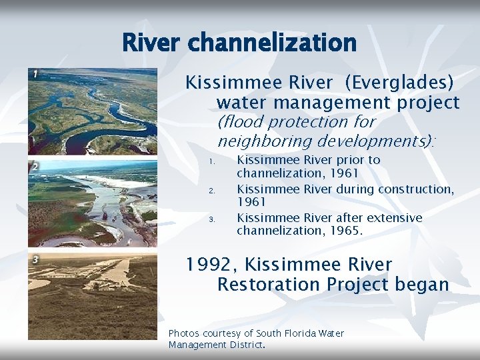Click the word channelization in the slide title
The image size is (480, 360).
273,43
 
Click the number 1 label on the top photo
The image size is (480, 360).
34,73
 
